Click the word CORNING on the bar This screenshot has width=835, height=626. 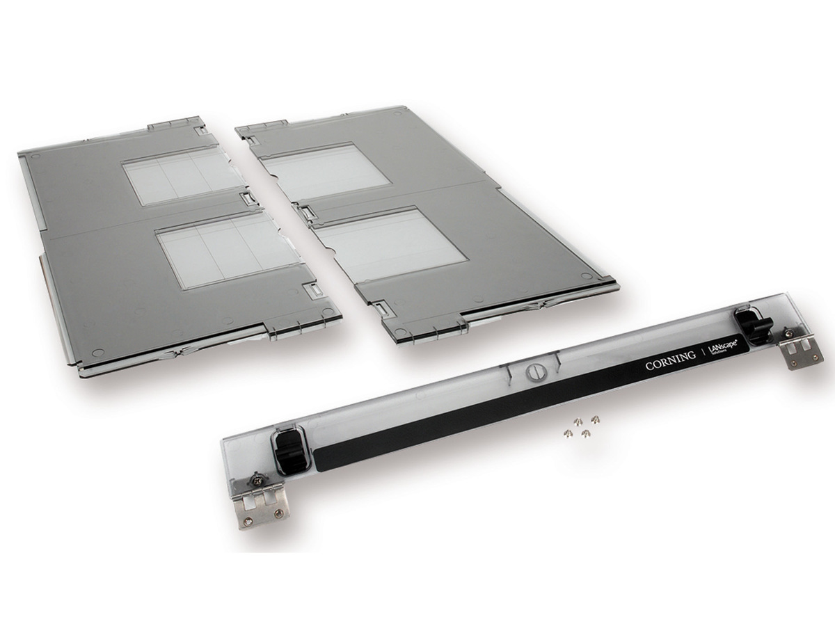click(x=670, y=360)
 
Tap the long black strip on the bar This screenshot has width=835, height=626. click(x=487, y=417)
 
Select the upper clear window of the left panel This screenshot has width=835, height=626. click(x=183, y=175)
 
